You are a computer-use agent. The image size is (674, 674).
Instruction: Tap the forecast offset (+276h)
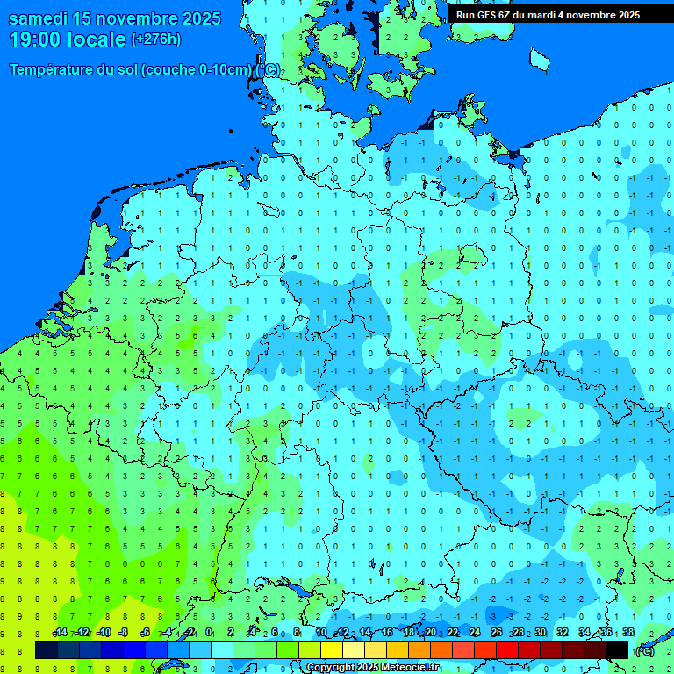click(x=155, y=39)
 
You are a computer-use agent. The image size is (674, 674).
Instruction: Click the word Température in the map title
click(x=52, y=70)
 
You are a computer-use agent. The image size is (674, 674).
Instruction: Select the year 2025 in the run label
click(x=624, y=15)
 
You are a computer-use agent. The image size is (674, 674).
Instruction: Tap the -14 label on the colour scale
click(x=60, y=633)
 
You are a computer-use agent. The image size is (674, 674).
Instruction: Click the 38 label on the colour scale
click(x=627, y=633)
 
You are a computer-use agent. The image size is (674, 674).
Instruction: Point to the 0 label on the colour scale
click(x=209, y=633)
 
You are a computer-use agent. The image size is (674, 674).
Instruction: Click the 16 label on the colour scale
click(x=387, y=633)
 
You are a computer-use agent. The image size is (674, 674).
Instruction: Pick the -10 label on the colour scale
click(x=103, y=633)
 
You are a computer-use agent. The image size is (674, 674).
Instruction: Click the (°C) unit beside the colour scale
click(x=645, y=650)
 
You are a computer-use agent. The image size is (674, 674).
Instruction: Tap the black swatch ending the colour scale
click(x=617, y=649)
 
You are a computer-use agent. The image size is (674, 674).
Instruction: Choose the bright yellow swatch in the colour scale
click(x=332, y=649)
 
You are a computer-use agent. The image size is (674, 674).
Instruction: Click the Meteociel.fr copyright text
click(x=373, y=668)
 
